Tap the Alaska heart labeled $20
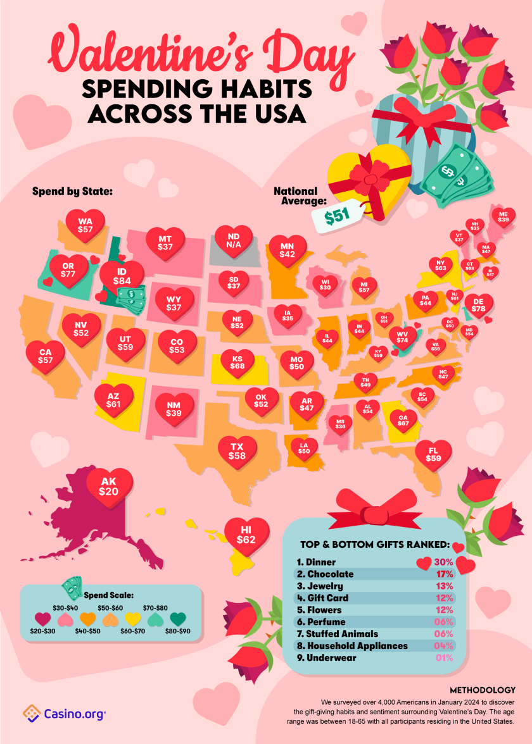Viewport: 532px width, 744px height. [108, 485]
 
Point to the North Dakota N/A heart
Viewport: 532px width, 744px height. [234, 241]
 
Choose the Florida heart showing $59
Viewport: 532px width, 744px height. [433, 454]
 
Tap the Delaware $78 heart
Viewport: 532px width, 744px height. [479, 306]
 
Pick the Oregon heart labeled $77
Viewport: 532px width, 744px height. [68, 269]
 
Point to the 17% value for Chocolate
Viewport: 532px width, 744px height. [444, 574]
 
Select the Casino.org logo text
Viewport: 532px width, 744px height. [73, 714]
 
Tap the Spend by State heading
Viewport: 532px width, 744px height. [72, 190]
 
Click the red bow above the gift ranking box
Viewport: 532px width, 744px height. [370, 506]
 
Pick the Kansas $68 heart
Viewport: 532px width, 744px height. [237, 363]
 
